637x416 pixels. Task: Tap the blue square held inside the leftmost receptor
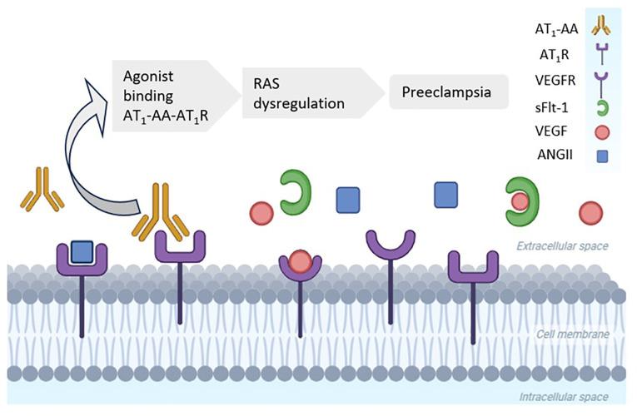pos(81,250)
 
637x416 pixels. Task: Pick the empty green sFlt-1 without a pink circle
pos(294,193)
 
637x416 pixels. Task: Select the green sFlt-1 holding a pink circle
pos(520,200)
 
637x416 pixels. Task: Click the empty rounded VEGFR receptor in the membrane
pos(391,244)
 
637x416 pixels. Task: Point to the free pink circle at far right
pos(592,213)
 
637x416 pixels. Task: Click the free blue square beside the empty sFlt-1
pos(347,201)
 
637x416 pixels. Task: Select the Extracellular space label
pos(562,246)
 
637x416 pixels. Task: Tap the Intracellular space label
pos(562,397)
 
